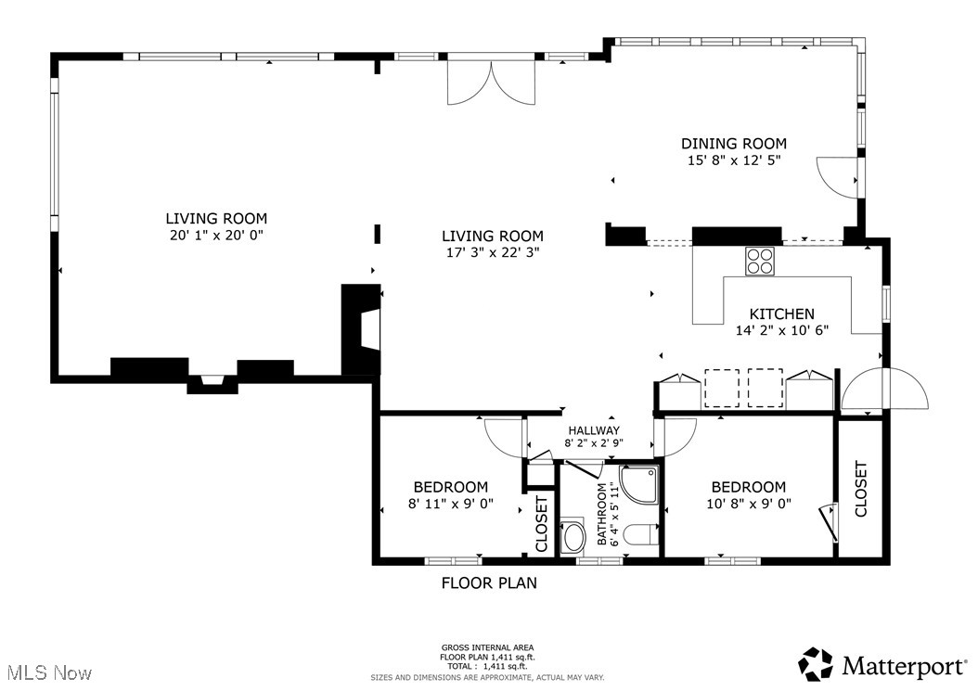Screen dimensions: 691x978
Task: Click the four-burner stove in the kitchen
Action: (761, 260)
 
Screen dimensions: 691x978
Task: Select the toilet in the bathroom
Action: (640, 535)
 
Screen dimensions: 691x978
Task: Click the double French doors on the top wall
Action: (492, 82)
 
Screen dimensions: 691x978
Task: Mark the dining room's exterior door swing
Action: (837, 176)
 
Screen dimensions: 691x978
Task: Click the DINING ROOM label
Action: (734, 144)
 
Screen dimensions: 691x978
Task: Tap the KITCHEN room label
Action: (781, 314)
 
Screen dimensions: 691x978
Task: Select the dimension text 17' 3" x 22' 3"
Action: (492, 251)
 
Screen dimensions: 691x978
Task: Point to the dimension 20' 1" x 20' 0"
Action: (216, 235)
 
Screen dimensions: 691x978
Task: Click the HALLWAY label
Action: (594, 430)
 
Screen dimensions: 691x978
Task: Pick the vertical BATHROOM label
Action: (601, 514)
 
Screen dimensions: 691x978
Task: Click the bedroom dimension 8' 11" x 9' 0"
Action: (450, 504)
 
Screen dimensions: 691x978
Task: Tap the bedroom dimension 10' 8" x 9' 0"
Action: (748, 504)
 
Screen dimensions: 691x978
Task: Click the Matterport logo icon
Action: (817, 664)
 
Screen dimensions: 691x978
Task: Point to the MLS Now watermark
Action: (46, 671)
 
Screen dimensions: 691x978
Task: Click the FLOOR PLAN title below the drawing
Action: (488, 583)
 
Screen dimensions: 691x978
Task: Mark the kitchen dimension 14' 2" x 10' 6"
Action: (781, 330)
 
